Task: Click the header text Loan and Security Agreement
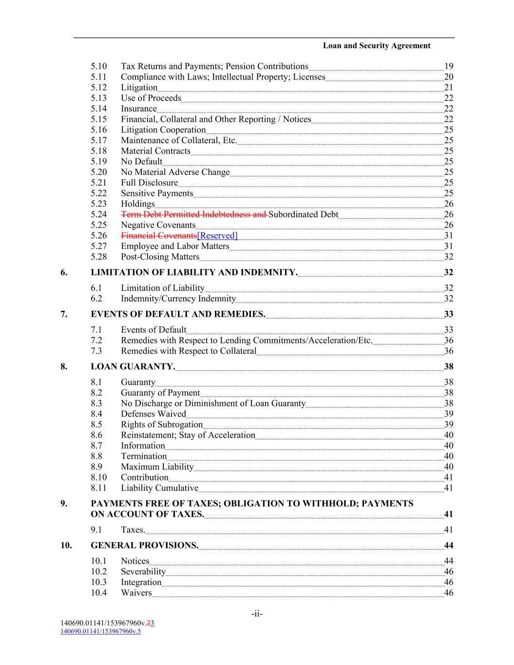tap(376, 46)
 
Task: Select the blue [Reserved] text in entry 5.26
tap(217, 236)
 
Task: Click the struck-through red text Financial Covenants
tap(158, 236)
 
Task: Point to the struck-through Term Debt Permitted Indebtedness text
tap(193, 214)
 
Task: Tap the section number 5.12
tap(98, 88)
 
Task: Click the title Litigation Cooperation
tap(163, 130)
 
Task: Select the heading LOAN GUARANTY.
tap(133, 367)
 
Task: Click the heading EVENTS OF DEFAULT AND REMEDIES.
tap(178, 314)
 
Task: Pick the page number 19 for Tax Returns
tap(449, 66)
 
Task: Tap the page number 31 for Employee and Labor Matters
tap(449, 247)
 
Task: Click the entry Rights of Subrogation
tap(161, 425)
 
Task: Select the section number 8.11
tap(98, 488)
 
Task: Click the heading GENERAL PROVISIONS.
tap(144, 546)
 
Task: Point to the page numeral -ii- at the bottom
tap(257, 614)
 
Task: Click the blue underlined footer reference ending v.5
tap(100, 631)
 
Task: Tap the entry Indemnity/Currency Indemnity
tap(178, 299)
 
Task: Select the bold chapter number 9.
tap(64, 504)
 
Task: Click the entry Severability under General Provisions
tap(143, 572)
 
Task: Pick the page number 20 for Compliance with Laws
tap(449, 77)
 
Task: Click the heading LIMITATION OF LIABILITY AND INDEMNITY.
tap(194, 272)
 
